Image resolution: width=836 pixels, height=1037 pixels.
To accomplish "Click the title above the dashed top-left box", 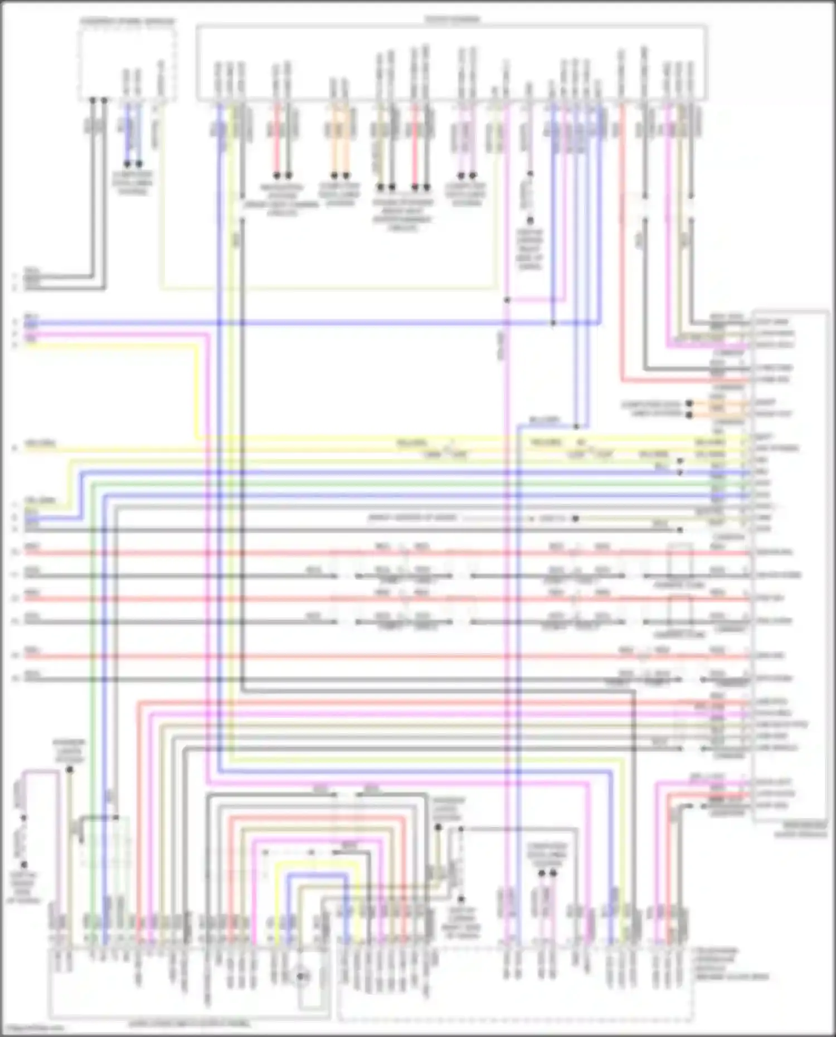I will pos(128,21).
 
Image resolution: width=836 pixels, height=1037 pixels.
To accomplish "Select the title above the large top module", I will pos(452,20).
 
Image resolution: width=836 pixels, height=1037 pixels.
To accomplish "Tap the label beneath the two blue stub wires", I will pos(133,183).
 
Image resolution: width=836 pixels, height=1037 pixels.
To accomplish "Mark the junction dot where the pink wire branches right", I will pos(507,300).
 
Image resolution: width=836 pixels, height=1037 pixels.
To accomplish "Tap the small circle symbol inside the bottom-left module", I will pos(301,976).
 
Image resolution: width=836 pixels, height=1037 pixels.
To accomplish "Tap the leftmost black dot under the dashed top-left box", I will pos(93,100).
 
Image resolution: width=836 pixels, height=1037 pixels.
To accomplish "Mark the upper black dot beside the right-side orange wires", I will pos(689,403).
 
